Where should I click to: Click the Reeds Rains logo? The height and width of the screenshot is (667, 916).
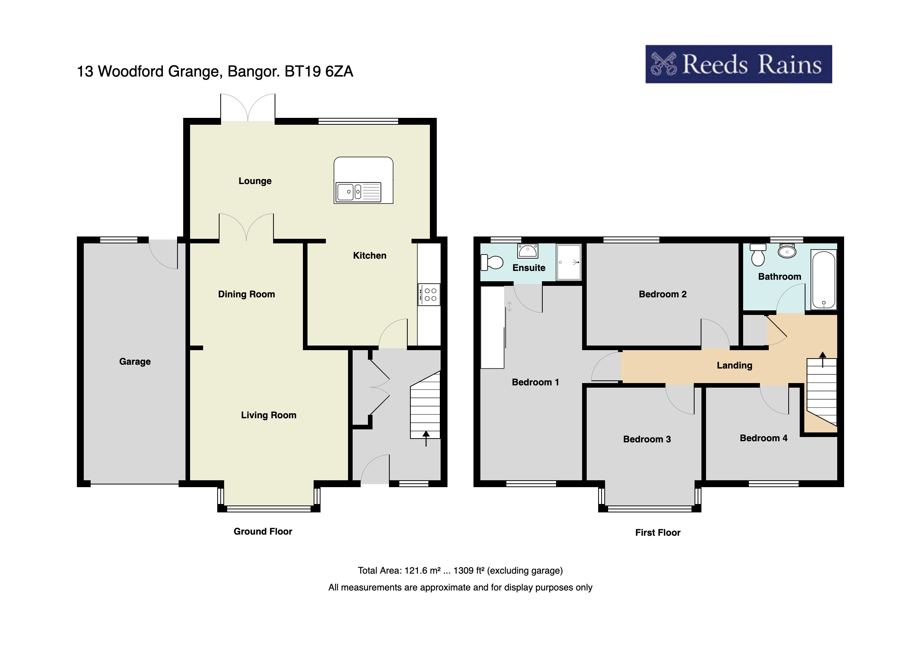(738, 64)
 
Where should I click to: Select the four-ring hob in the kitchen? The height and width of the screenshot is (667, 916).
(429, 295)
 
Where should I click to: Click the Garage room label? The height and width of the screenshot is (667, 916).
(135, 362)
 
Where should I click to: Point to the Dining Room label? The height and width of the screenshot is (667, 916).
(246, 294)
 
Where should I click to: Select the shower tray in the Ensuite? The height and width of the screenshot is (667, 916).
(569, 262)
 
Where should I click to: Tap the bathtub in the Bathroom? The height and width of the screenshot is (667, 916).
(823, 280)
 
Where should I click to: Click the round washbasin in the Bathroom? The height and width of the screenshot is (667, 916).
(787, 252)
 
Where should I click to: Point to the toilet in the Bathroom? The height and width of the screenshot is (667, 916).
(758, 255)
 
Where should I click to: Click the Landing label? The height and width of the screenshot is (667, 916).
(734, 365)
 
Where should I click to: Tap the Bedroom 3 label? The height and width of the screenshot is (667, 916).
(647, 439)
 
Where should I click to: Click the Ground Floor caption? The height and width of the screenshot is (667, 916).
(262, 531)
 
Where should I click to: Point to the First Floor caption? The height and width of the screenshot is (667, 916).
(657, 532)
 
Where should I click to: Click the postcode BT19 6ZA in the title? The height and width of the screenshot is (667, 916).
(319, 72)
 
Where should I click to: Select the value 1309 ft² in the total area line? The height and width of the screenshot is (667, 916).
(469, 571)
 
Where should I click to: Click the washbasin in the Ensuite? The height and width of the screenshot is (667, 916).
(527, 251)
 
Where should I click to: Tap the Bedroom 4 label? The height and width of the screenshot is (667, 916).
(763, 438)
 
